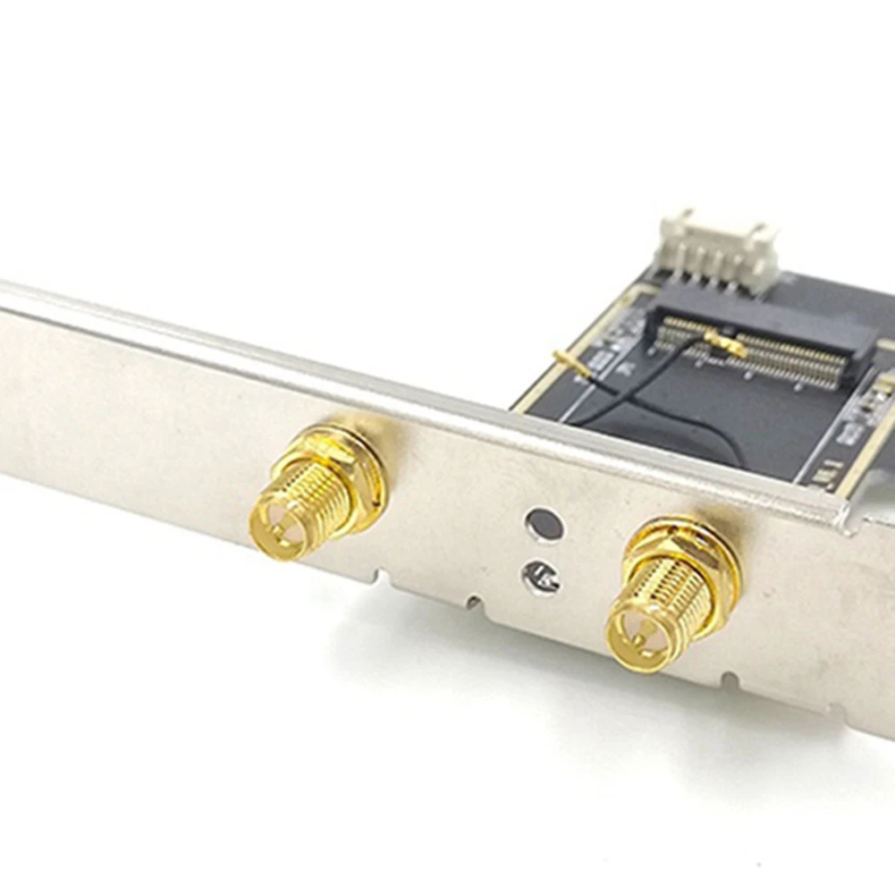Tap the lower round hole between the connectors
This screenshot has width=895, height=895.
(544, 577)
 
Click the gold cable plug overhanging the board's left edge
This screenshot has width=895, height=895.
(569, 361)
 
